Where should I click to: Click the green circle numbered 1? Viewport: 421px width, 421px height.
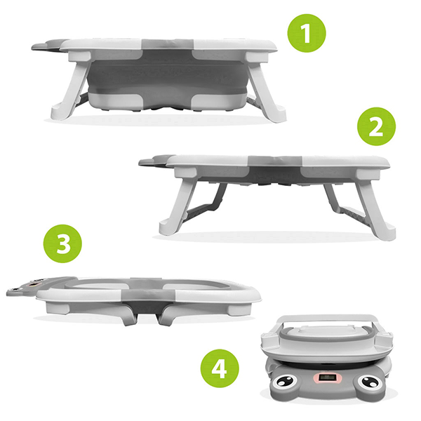307,33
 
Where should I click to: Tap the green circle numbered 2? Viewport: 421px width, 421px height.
376,126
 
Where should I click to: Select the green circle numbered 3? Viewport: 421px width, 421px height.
62,243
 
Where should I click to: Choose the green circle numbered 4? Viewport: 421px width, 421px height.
220,368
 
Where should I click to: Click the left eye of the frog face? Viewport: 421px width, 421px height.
285,382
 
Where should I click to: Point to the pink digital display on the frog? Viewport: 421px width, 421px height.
327,377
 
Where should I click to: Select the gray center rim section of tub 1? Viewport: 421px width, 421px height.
168,45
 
